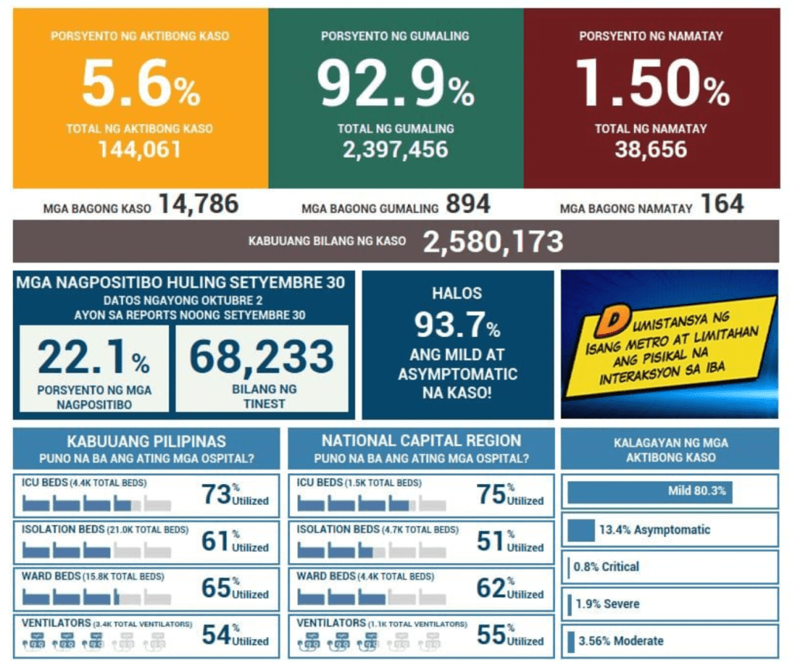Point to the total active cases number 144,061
pyautogui.click(x=139, y=149)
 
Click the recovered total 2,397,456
pyautogui.click(x=396, y=149)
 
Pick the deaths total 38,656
pyautogui.click(x=651, y=149)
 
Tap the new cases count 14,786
pyautogui.click(x=198, y=204)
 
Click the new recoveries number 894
pyautogui.click(x=468, y=204)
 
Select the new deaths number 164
pyautogui.click(x=722, y=204)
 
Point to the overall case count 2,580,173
pyautogui.click(x=492, y=242)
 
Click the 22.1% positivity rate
pyautogui.click(x=93, y=358)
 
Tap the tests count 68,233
pyautogui.click(x=262, y=358)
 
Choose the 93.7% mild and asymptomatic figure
pyautogui.click(x=457, y=325)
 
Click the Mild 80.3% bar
pyautogui.click(x=650, y=491)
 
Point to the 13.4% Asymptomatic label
pyautogui.click(x=653, y=530)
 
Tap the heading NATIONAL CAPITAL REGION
pyautogui.click(x=421, y=441)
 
